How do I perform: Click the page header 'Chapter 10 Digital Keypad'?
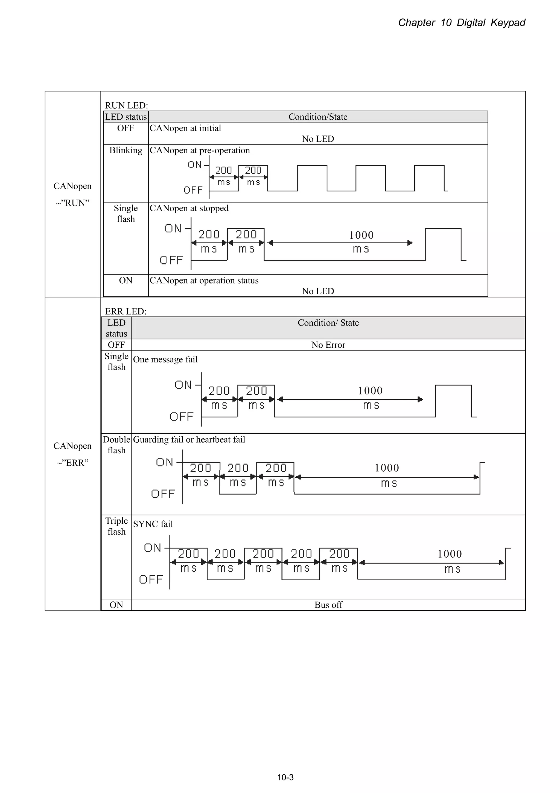(461, 23)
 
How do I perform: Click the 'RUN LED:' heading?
(126, 105)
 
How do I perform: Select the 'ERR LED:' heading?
(126, 311)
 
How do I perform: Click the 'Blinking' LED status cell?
(126, 150)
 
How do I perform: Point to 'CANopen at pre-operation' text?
(199, 150)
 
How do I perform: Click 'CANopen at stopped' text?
(189, 208)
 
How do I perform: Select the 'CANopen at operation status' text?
(204, 281)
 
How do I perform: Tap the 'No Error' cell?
(328, 345)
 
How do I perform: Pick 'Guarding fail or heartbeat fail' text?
(189, 440)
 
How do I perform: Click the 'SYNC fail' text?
(153, 524)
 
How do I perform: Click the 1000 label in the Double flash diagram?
(387, 468)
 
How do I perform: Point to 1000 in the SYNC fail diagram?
(450, 554)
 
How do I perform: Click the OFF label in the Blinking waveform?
(193, 190)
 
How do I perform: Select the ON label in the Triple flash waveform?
(153, 548)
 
